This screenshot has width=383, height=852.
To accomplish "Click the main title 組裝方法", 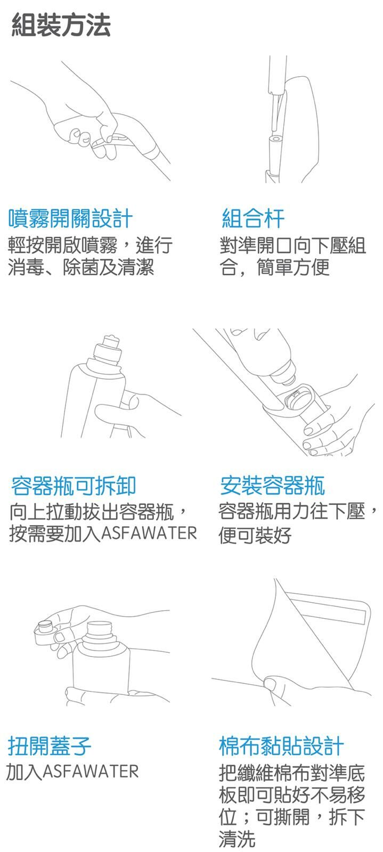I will (61, 26).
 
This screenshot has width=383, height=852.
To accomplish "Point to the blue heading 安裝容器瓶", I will (272, 486).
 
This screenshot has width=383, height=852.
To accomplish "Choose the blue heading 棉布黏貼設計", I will (281, 745).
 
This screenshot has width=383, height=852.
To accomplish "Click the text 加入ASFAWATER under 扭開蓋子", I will (72, 771).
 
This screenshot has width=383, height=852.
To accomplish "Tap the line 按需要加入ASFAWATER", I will (103, 533).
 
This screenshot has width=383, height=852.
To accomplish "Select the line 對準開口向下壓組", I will (292, 245).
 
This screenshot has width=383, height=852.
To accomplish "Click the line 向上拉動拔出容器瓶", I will (91, 512).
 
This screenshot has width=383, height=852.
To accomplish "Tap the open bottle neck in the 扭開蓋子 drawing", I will (99, 631).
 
